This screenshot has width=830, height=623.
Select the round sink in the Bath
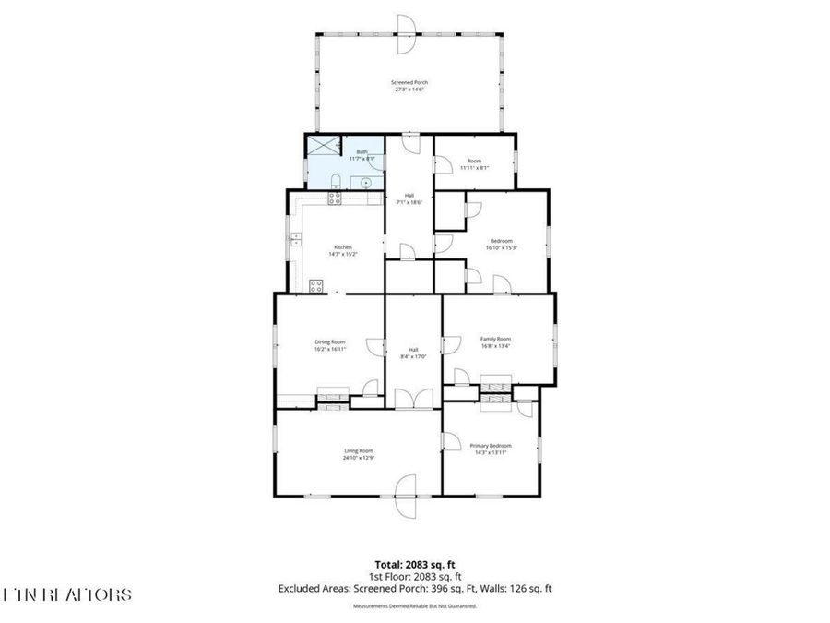[x=367, y=183]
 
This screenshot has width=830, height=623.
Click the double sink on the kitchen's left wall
[x=296, y=239]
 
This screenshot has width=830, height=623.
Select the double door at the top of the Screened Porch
[x=404, y=35]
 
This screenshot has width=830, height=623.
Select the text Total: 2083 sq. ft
[x=414, y=563]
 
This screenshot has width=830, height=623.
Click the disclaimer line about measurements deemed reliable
[x=414, y=606]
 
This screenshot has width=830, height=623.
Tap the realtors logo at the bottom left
[x=66, y=594]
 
